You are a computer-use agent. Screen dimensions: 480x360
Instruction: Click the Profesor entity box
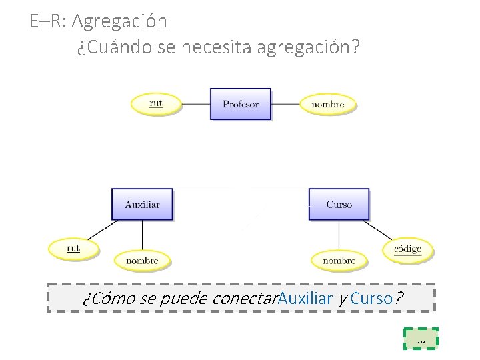(x=241, y=104)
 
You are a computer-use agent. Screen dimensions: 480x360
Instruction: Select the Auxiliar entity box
(x=142, y=204)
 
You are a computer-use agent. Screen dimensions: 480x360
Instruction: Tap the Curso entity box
(x=339, y=204)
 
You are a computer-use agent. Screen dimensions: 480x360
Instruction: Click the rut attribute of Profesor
(x=156, y=103)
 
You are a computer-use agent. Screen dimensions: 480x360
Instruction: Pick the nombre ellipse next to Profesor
(x=327, y=104)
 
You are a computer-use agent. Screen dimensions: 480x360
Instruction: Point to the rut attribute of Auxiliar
(x=73, y=249)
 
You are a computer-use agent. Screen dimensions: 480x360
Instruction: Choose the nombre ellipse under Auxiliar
(x=142, y=261)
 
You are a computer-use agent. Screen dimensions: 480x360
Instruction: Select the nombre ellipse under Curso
(x=339, y=261)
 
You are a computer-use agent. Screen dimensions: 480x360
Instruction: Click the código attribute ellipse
(x=407, y=249)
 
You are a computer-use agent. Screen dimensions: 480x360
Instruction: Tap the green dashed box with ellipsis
(x=421, y=339)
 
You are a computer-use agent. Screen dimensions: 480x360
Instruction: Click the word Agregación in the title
(x=119, y=21)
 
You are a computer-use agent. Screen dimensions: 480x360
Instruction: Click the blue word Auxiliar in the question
(x=305, y=298)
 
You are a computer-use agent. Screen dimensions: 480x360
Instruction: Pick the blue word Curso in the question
(x=371, y=298)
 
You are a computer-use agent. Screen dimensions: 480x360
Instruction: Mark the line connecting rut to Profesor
(x=196, y=104)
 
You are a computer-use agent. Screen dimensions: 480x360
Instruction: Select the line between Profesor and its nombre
(x=287, y=104)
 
